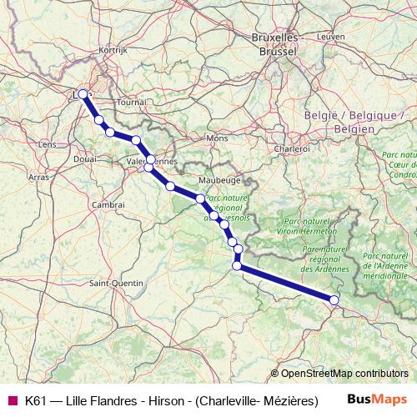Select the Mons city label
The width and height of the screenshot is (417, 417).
point(217,138)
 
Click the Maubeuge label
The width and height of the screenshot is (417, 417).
point(219,179)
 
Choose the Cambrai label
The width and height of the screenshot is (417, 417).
point(108,203)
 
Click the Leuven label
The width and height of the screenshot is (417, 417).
point(330,37)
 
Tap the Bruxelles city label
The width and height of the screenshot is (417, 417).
point(274,38)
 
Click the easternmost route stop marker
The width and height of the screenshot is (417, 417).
point(334,299)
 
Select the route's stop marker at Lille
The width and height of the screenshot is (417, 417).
point(83,93)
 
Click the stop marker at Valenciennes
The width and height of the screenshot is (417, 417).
point(150,159)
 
